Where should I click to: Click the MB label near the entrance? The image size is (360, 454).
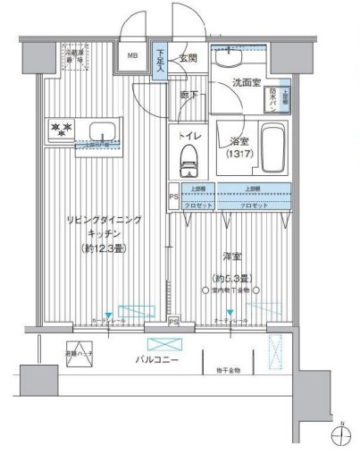pos(133,57)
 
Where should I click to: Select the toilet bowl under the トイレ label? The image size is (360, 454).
pos(188,161)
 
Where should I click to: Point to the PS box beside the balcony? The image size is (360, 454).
pos(173,322)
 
